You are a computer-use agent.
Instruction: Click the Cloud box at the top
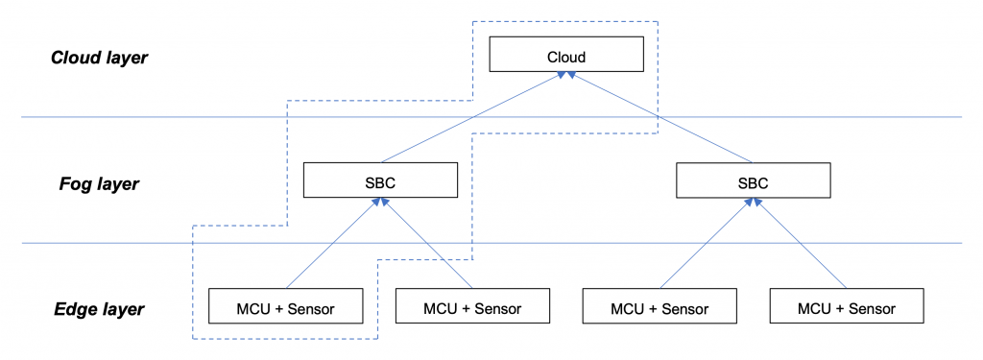pyautogui.click(x=565, y=55)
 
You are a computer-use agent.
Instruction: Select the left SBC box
pyautogui.click(x=379, y=180)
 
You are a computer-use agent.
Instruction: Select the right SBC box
pyautogui.click(x=753, y=180)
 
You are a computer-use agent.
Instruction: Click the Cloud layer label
pyautogui.click(x=99, y=58)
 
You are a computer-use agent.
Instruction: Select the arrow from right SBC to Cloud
pyautogui.click(x=662, y=119)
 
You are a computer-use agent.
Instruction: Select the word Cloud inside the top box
pyautogui.click(x=565, y=56)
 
